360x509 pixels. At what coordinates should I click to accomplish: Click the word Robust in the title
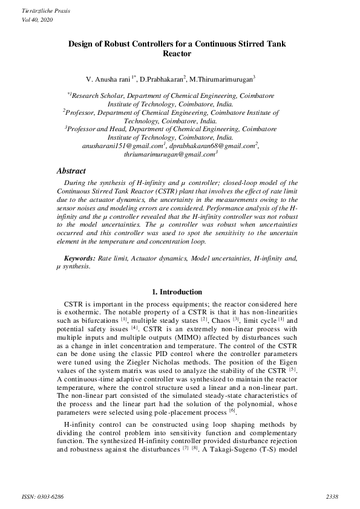pyautogui.click(x=123, y=44)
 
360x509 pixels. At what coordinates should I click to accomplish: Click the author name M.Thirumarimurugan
pyautogui.click(x=222, y=79)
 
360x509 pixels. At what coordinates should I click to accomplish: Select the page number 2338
pyautogui.click(x=332, y=497)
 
